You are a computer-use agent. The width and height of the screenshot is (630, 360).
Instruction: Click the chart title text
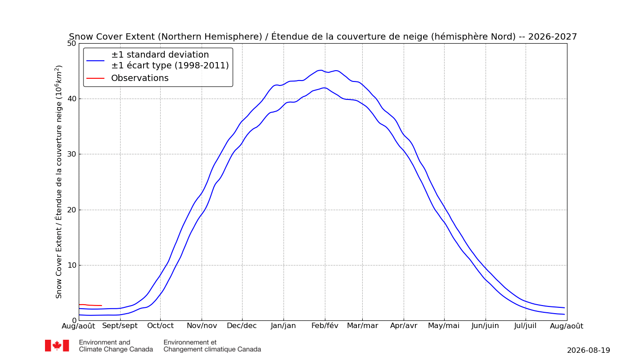click(323, 36)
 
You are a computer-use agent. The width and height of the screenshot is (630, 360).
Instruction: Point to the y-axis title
click(58, 182)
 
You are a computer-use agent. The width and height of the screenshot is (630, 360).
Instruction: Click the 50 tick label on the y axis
click(72, 43)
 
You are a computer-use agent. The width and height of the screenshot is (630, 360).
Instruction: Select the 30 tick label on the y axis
click(72, 154)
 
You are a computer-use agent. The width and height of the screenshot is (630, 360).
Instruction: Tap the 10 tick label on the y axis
click(72, 265)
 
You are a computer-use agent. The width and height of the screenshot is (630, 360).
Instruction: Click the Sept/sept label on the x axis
click(120, 326)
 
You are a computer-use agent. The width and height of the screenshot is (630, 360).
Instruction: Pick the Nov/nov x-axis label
click(202, 326)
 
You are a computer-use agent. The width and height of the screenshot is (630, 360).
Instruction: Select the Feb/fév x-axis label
click(325, 326)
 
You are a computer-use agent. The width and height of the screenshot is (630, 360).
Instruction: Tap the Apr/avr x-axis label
click(404, 326)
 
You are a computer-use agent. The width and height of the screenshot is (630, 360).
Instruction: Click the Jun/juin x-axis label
click(486, 326)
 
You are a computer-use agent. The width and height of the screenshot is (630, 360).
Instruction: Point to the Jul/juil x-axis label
click(526, 326)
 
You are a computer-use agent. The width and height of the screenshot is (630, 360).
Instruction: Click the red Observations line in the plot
click(90, 305)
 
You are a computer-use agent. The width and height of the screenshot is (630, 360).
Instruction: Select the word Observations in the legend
click(140, 78)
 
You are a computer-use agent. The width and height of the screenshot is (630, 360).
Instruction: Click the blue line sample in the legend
click(95, 60)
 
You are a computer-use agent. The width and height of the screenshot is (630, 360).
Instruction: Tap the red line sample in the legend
click(95, 78)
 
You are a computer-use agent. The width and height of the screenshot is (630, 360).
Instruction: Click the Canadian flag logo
click(57, 346)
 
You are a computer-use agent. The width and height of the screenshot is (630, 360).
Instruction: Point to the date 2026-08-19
click(589, 351)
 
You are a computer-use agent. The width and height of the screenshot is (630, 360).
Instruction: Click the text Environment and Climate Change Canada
click(116, 346)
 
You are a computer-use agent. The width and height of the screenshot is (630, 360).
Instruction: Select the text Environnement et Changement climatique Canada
click(212, 346)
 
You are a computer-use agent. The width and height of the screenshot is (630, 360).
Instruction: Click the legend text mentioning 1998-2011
click(170, 66)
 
